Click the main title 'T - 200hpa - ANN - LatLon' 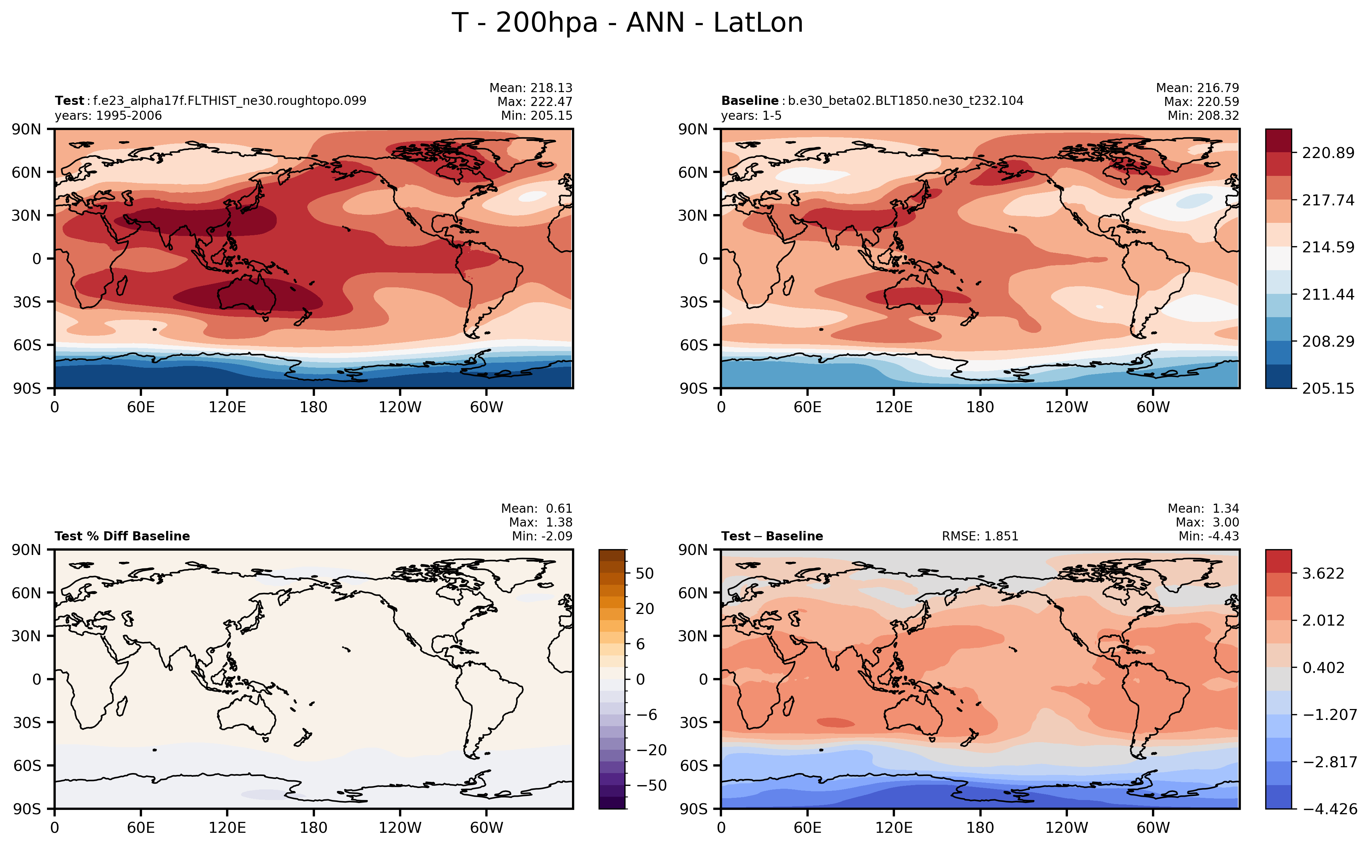point(627,23)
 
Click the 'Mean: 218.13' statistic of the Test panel point(530,88)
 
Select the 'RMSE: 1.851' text point(980,536)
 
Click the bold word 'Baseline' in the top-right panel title point(749,101)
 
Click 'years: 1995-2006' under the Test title point(108,116)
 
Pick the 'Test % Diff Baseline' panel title point(122,536)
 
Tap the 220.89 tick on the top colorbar point(1327,153)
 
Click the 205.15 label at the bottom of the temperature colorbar point(1327,388)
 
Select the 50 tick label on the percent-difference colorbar point(645,574)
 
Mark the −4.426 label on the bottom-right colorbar point(1330,809)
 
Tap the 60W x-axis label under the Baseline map point(1153,407)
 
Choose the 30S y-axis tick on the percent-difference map point(27,722)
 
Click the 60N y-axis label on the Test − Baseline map point(693,593)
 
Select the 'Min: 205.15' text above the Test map point(537,116)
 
